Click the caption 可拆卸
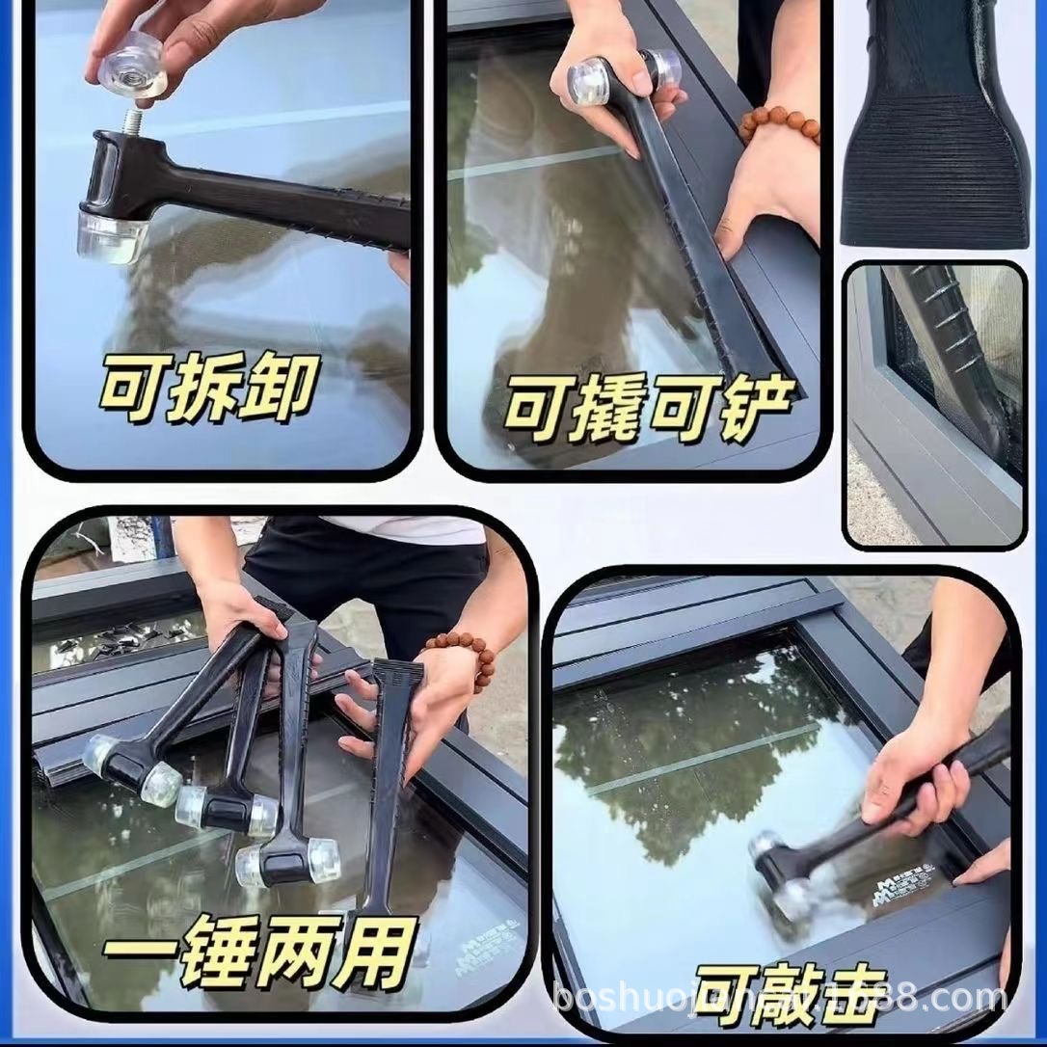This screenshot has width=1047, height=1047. [207, 389]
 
